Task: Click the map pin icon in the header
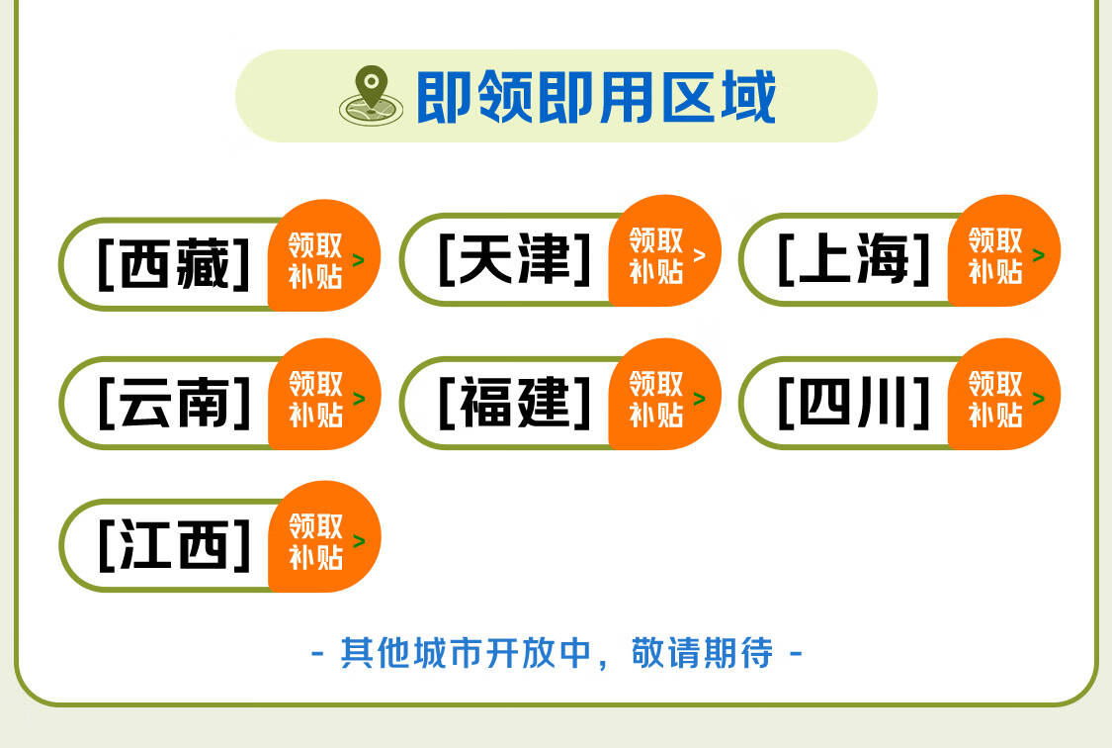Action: pos(371,96)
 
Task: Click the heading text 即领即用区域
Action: pos(596,97)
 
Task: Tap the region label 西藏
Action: pos(174,264)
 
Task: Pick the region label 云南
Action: pos(174,403)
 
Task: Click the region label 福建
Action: pos(515,403)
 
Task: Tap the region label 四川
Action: pos(854,403)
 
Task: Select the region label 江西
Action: pos(174,544)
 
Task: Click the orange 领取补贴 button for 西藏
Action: pos(324,255)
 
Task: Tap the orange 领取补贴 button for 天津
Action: pos(664,250)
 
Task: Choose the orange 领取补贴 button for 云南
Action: pos(324,394)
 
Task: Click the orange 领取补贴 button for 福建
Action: pos(664,394)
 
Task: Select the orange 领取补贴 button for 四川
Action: pos(1004,394)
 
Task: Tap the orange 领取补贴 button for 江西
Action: pos(324,536)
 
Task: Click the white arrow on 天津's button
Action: pos(699,254)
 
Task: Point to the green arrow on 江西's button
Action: pos(359,541)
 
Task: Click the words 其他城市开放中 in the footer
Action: pos(466,652)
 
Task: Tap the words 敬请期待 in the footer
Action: pos(702,652)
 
